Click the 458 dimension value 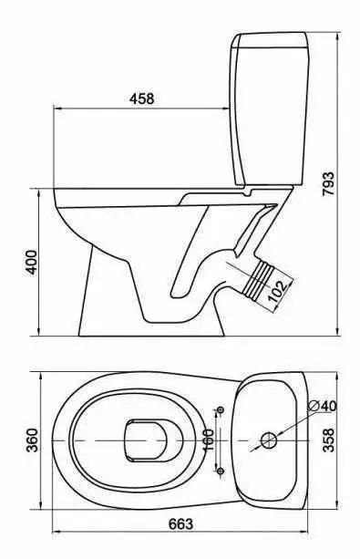coord(141,98)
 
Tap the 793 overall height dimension coord(328,184)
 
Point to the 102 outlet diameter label coord(277,291)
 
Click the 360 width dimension coord(33,440)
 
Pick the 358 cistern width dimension coord(328,440)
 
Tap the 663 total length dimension coord(180,524)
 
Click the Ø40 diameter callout coord(322,406)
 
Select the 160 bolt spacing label coord(208,440)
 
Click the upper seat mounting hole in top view coord(221,409)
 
